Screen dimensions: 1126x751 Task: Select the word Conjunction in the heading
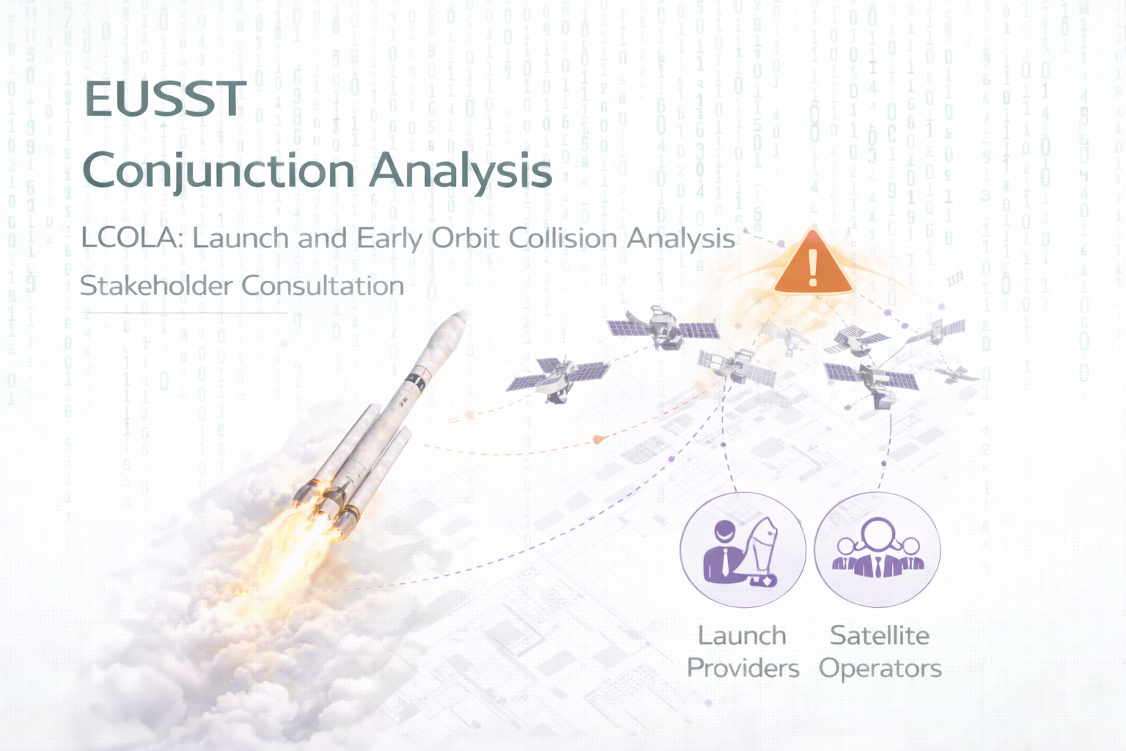218,172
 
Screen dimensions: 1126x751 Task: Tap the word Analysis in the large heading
460,171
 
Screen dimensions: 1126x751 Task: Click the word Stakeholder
156,286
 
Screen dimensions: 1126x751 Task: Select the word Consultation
323,286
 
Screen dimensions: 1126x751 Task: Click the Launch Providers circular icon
743,549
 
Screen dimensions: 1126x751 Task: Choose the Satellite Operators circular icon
877,549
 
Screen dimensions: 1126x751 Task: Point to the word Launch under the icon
742,636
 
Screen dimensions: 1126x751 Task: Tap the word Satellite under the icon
880,636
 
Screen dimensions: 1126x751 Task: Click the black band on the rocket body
417,382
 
